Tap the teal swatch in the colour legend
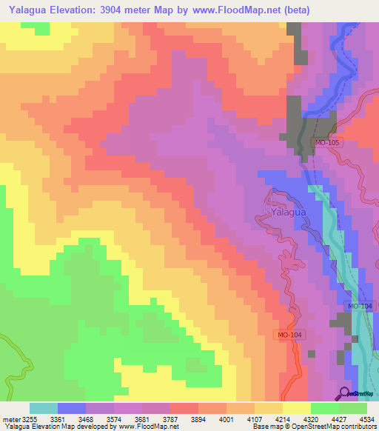pos(44,408)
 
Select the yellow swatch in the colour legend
pos(296,408)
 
